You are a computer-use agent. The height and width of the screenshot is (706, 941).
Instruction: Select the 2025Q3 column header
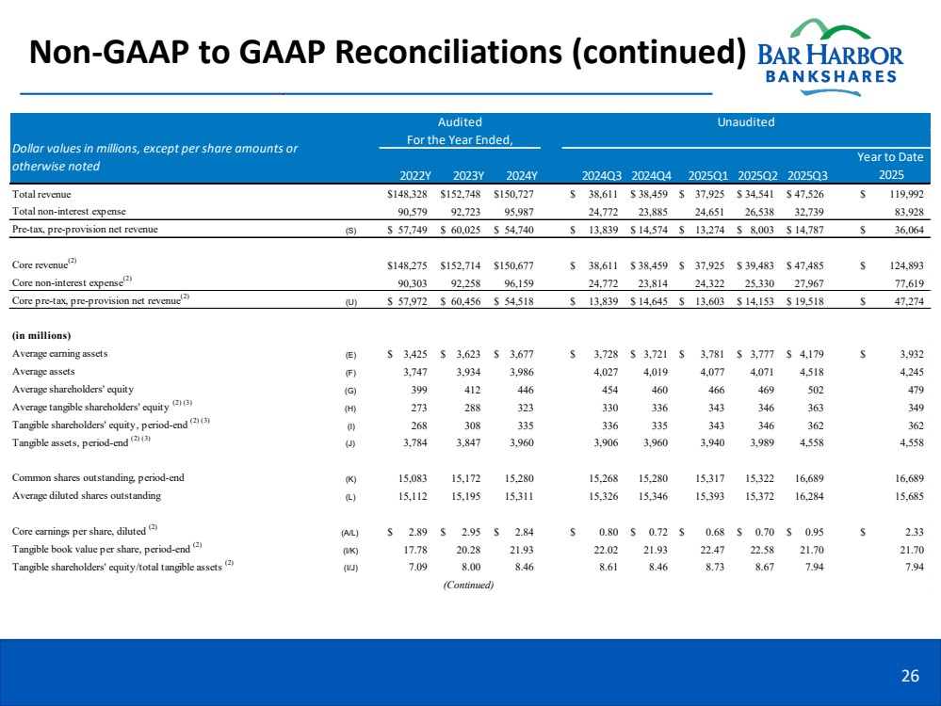[x=808, y=175]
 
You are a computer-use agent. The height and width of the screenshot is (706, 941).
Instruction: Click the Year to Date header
[x=890, y=157]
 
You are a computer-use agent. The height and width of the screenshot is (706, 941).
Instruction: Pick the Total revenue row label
[x=41, y=194]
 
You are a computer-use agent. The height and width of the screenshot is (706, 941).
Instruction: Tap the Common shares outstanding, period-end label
[x=98, y=478]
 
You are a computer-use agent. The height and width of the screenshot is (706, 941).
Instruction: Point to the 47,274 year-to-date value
[x=904, y=302]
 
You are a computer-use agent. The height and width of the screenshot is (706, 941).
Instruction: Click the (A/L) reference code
[x=349, y=532]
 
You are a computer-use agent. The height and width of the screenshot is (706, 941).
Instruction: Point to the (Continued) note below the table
[x=468, y=585]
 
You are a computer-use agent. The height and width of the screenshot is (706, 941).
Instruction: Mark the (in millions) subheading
[x=42, y=336]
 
